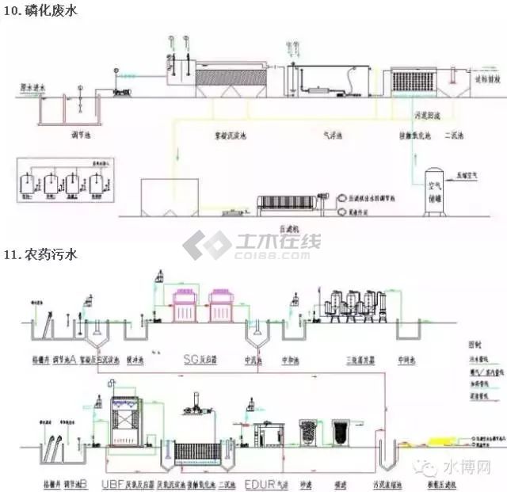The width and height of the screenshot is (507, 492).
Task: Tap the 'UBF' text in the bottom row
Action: click(111, 481)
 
